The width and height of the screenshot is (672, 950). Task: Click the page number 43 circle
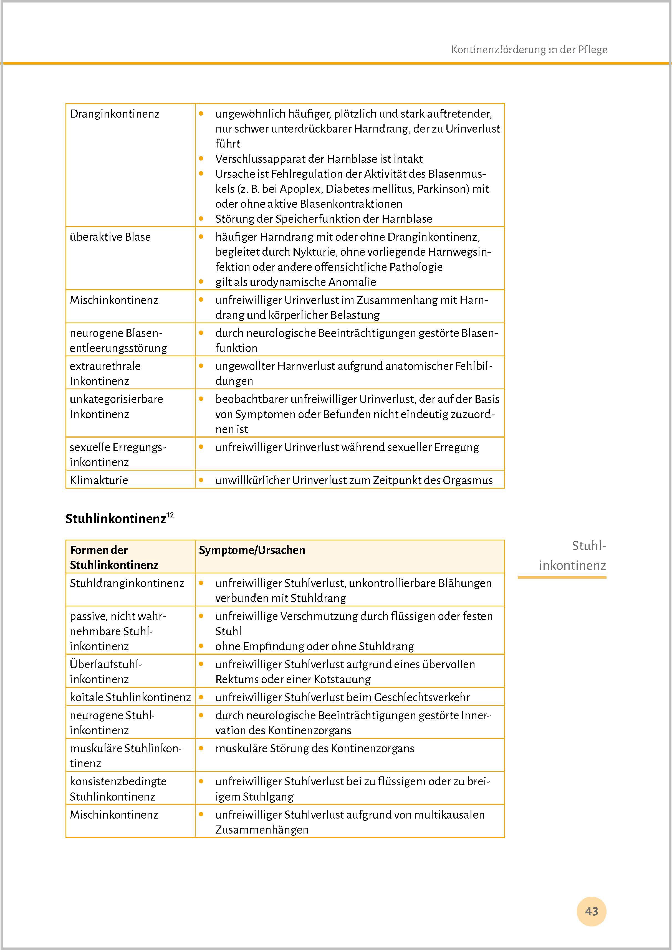(591, 911)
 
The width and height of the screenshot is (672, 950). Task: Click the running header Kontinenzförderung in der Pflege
(529, 50)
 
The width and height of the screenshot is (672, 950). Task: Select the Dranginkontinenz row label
(115, 114)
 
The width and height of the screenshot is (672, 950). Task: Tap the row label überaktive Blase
(110, 237)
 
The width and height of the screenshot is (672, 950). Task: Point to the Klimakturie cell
(99, 480)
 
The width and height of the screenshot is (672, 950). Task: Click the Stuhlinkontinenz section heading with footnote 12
(116, 519)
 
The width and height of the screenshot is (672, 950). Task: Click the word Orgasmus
(468, 480)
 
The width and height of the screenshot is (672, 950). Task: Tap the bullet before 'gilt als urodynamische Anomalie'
(201, 282)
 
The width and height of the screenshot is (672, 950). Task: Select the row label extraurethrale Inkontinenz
(105, 373)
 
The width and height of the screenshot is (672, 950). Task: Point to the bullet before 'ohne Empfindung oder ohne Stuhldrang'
(201, 646)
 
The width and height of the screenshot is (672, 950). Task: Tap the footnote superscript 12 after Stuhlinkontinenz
(170, 515)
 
